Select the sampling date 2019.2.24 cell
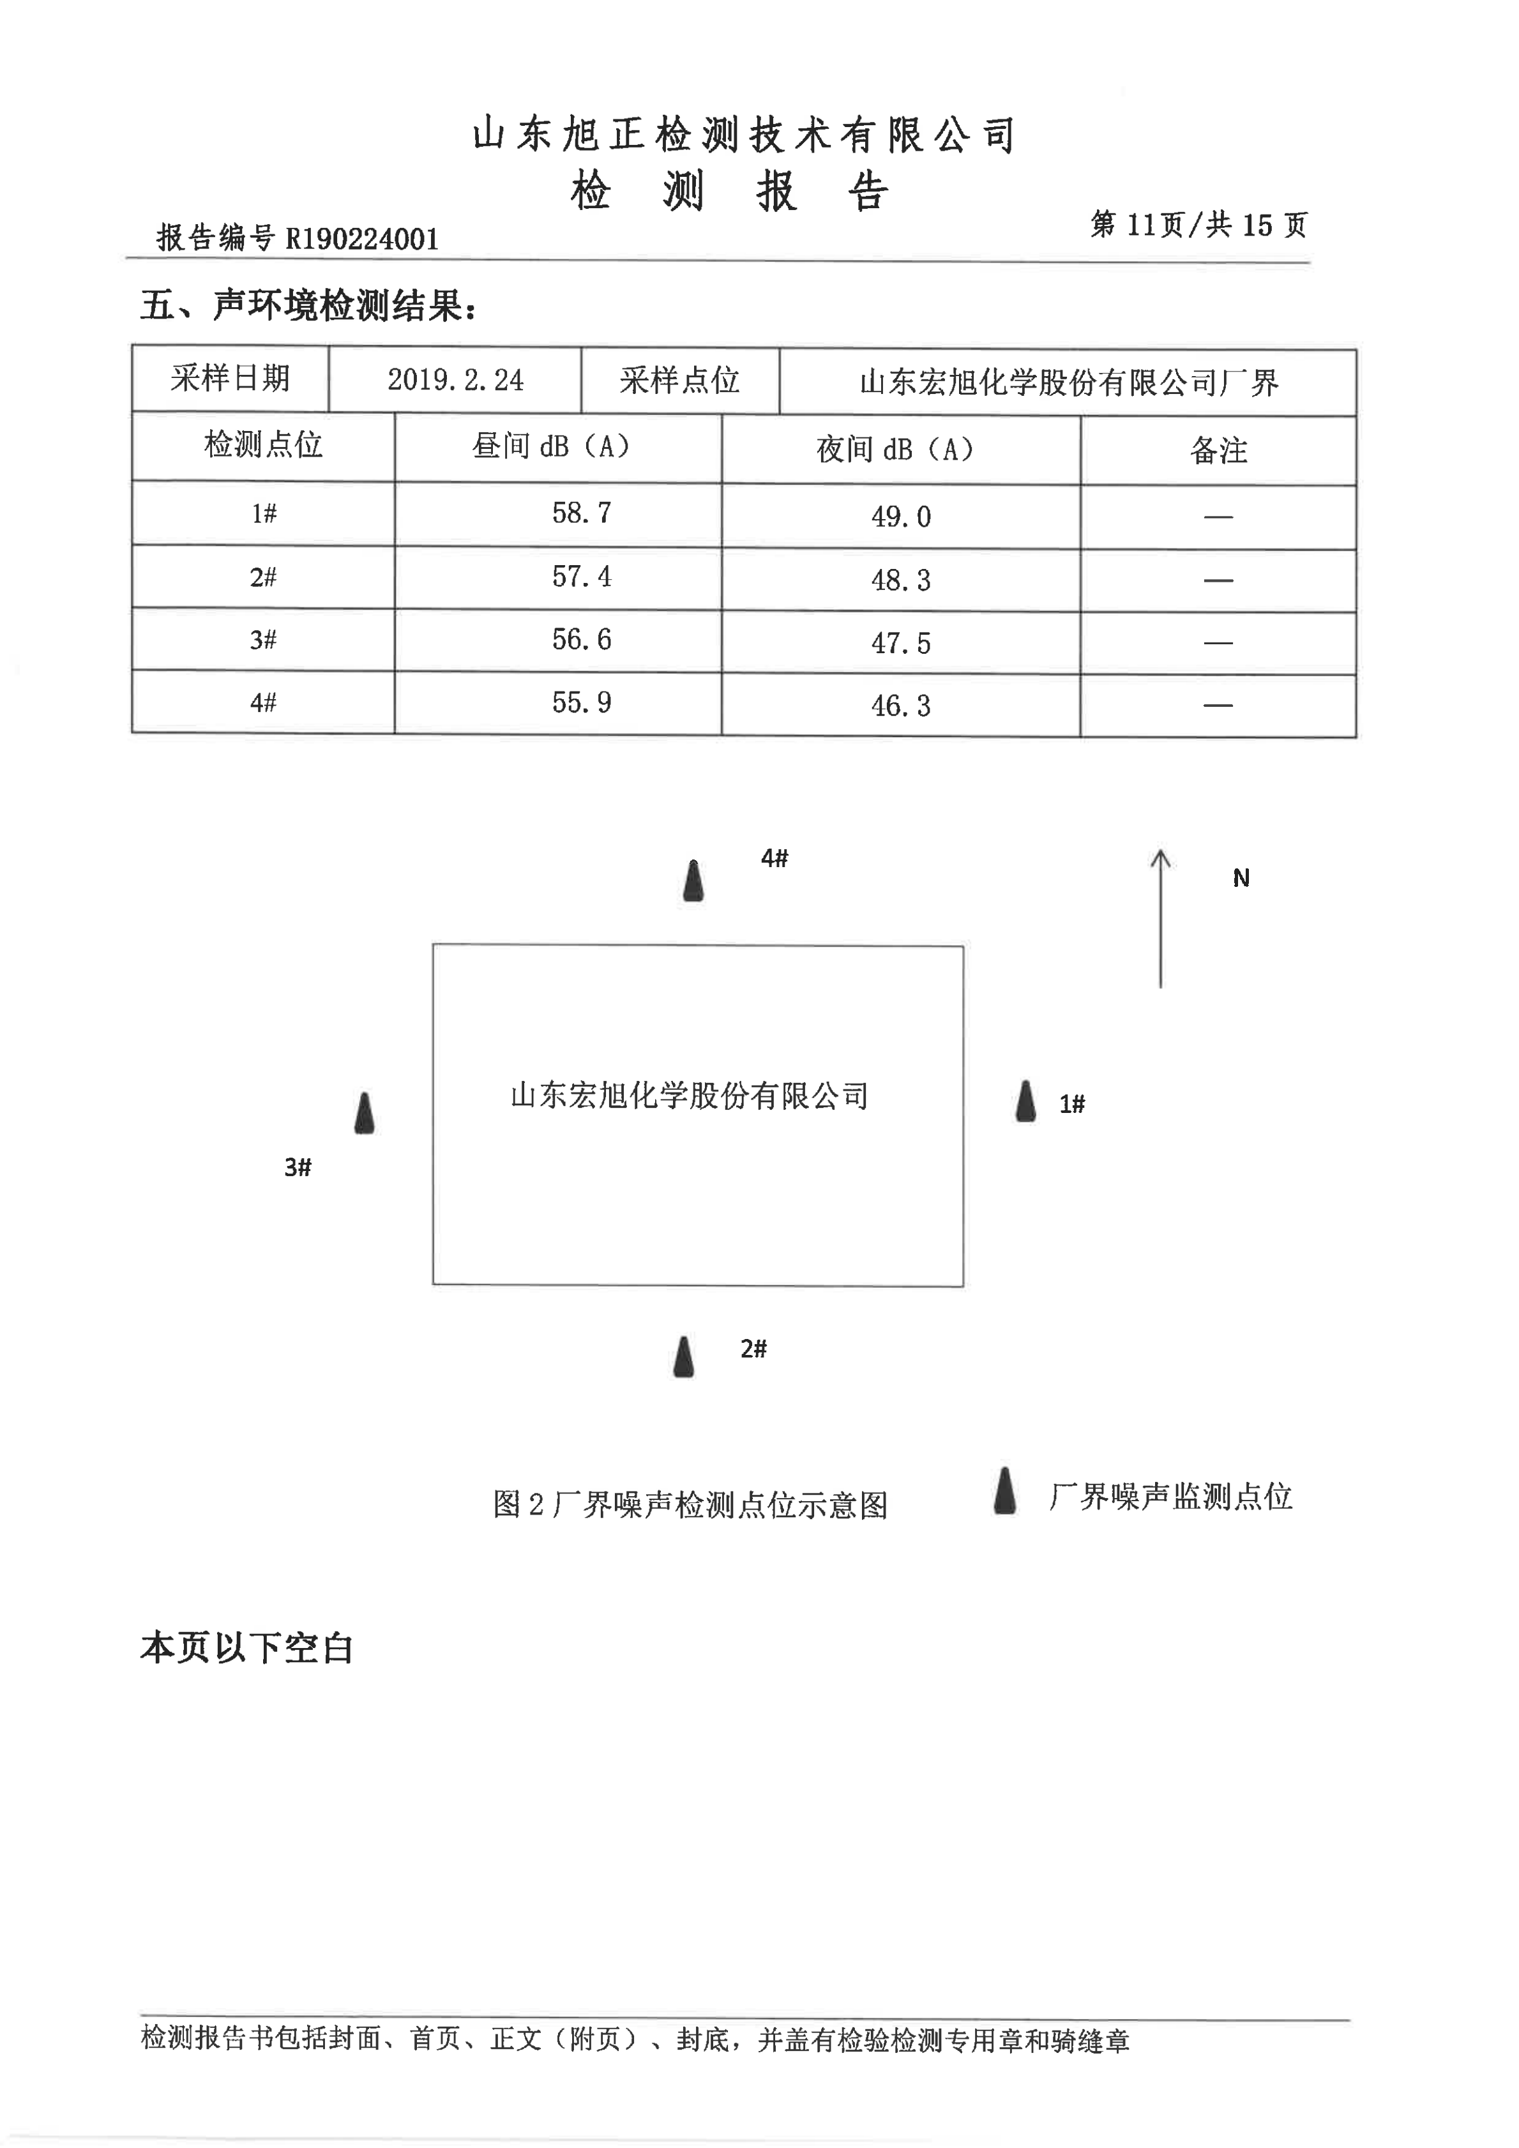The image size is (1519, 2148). [x=455, y=380]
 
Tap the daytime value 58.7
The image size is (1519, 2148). [x=581, y=513]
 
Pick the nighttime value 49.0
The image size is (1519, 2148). [x=901, y=517]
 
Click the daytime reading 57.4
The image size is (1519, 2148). [x=581, y=577]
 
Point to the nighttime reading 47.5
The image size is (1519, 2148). [x=901, y=643]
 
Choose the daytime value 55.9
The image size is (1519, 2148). [x=581, y=702]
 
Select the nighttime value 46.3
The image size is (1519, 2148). [x=901, y=706]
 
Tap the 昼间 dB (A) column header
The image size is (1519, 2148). [x=551, y=446]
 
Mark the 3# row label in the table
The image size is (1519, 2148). [x=263, y=640]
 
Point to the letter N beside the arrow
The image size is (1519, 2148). [x=1241, y=877]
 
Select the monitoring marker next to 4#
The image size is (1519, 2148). [x=693, y=881]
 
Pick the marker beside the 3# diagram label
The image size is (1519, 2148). [x=365, y=1114]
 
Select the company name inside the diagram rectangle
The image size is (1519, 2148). [x=690, y=1096]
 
